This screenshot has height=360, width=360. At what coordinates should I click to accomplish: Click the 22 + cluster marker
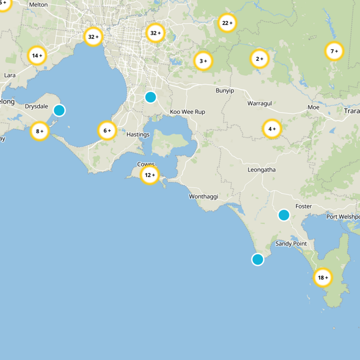pyautogui.click(x=228, y=22)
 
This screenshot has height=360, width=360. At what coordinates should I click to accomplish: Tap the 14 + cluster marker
pyautogui.click(x=37, y=56)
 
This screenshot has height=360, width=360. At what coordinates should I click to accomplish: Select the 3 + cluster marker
pyautogui.click(x=203, y=61)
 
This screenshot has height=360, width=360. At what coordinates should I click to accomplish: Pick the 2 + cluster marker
pyautogui.click(x=259, y=58)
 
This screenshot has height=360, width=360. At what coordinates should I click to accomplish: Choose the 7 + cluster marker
pyautogui.click(x=334, y=51)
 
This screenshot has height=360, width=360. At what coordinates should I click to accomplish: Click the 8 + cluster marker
pyautogui.click(x=40, y=131)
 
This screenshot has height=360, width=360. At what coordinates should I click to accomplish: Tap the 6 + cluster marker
pyautogui.click(x=107, y=131)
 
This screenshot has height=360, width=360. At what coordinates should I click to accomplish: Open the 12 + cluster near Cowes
pyautogui.click(x=149, y=175)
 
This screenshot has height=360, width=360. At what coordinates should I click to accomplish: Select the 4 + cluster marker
pyautogui.click(x=272, y=129)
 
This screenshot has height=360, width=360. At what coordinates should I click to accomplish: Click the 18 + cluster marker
pyautogui.click(x=323, y=278)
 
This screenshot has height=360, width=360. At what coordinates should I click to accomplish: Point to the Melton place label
pyautogui.click(x=38, y=4)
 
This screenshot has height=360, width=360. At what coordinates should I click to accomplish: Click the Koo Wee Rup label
pyautogui.click(x=187, y=112)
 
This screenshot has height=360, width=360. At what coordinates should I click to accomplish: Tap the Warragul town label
pyautogui.click(x=260, y=103)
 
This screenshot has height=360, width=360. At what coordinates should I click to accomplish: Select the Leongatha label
pyautogui.click(x=261, y=170)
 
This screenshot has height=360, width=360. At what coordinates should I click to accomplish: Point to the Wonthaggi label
pyautogui.click(x=204, y=197)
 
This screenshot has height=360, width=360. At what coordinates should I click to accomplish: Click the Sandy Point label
pyautogui.click(x=291, y=244)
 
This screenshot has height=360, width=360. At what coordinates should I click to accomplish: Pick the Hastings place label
pyautogui.click(x=138, y=135)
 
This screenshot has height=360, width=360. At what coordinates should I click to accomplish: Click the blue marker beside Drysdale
pyautogui.click(x=59, y=110)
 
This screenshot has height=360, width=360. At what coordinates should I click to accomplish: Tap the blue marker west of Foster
pyautogui.click(x=283, y=215)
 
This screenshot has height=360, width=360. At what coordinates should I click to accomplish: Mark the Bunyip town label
pyautogui.click(x=225, y=91)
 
